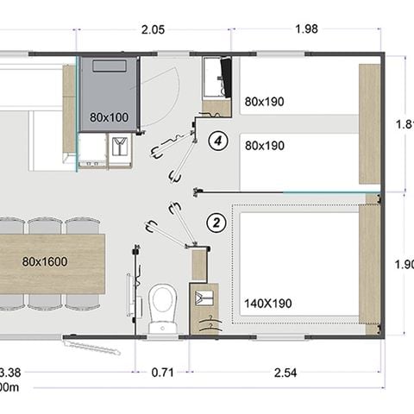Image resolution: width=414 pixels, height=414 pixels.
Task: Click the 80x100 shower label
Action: tap(109, 116)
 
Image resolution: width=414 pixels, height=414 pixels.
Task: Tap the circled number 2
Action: tap(217, 223)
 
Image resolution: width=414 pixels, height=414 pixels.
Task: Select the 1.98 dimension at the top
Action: tap(306, 29)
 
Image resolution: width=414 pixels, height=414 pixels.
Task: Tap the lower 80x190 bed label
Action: tap(264, 146)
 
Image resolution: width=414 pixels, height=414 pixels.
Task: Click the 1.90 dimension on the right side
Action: tap(404, 265)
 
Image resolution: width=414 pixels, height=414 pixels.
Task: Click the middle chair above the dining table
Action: tap(43, 226)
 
